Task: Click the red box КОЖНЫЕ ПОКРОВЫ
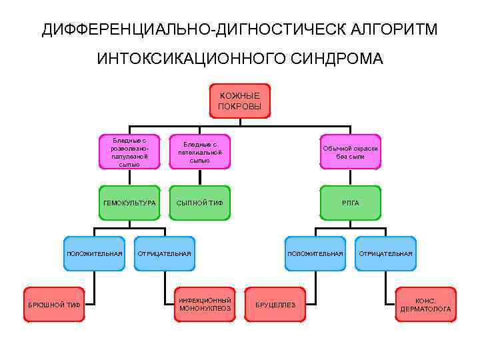pos(240,101)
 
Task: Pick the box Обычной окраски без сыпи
pos(350,152)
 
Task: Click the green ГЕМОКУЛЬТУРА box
pos(129,203)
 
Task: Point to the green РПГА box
pos(350,203)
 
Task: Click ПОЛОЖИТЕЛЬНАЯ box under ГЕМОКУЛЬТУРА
pos(94,253)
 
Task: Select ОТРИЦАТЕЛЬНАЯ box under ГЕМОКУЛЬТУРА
pos(165,253)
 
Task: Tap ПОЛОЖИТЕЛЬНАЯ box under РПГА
pos(315,253)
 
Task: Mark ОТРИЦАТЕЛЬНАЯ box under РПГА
pos(386,253)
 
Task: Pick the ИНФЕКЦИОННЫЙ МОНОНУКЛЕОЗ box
pos(205,305)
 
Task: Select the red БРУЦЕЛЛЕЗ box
pos(275,305)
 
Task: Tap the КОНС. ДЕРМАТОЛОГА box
pos(425,305)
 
